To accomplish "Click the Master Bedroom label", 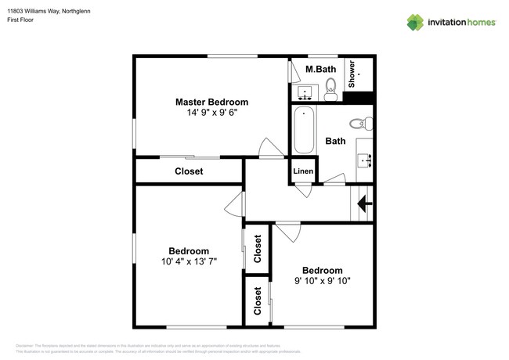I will point(211,102).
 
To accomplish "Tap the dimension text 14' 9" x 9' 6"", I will point(211,113).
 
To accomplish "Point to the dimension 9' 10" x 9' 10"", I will point(322,281).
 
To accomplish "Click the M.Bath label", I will point(321,70).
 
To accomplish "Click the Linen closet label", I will point(303,171).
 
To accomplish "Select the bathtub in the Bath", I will point(304,130).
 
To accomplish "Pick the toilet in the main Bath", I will point(360,123).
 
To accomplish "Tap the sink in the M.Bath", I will point(307,92).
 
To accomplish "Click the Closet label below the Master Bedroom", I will point(188,171).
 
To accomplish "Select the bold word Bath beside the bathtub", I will point(335,142).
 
